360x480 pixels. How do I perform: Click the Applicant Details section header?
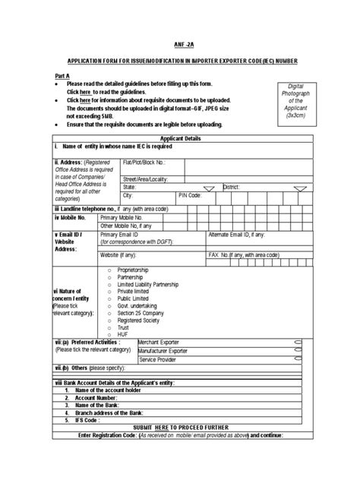[x=179, y=139]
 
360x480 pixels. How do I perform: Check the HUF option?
[x=124, y=334]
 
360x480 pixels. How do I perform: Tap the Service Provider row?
[x=159, y=359]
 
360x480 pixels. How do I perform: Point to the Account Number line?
[x=91, y=397]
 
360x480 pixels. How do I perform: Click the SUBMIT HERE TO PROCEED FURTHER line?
[x=179, y=428]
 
